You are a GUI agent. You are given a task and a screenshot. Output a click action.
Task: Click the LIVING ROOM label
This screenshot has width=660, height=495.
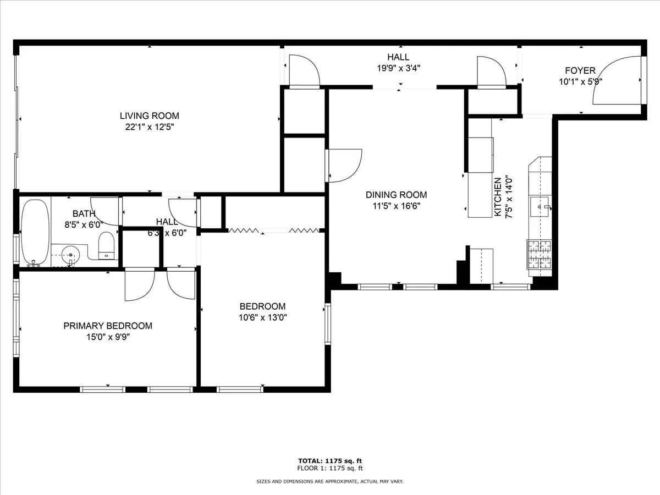tap(149, 116)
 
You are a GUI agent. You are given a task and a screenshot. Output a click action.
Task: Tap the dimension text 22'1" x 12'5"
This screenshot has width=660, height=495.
tap(149, 127)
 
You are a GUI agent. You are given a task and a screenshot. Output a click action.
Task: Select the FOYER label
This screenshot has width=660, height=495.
tap(580, 70)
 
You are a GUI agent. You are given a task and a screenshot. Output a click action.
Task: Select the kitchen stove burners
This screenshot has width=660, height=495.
tap(540, 254)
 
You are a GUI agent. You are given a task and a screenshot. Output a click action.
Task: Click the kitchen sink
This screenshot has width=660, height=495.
tap(540, 207)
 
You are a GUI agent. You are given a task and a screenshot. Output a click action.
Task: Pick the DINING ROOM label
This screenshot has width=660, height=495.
tap(396, 195)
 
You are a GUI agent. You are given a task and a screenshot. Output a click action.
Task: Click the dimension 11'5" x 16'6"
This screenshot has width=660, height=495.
tap(396, 206)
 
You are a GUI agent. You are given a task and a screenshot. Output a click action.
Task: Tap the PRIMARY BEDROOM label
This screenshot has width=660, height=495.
tap(108, 326)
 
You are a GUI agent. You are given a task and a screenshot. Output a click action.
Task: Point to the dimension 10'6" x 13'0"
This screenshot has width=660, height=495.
tap(262, 317)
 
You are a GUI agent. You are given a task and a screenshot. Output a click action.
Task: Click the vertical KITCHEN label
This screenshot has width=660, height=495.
tap(498, 196)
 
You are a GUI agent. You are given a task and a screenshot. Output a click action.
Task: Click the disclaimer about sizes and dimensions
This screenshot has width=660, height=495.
tap(330, 481)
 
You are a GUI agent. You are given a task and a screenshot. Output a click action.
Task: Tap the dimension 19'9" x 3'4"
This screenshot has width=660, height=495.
tap(398, 68)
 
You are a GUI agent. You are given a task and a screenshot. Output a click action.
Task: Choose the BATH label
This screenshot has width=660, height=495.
tap(84, 213)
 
